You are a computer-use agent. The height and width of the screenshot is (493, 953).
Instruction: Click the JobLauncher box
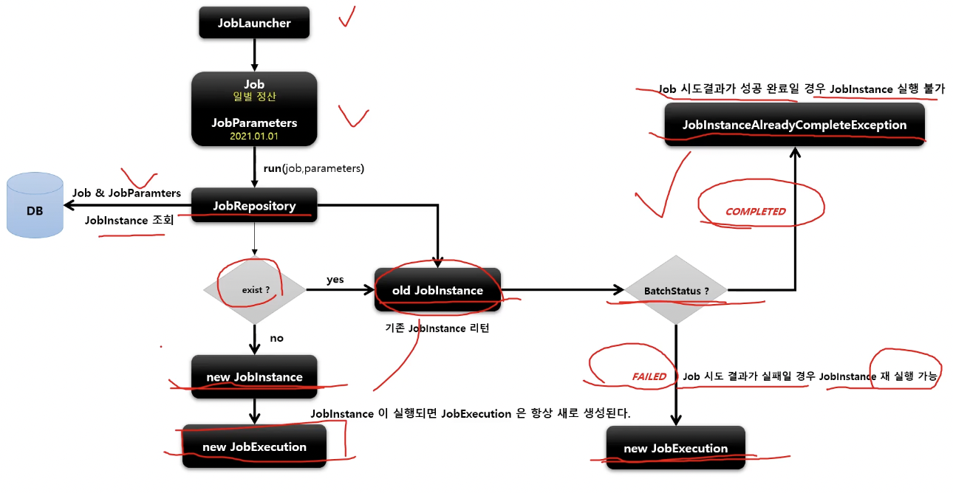[254, 23]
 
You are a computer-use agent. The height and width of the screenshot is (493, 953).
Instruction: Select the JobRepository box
[254, 205]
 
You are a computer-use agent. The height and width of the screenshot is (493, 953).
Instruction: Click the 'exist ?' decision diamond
[255, 290]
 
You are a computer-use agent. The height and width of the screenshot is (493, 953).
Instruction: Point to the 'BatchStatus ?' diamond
[676, 291]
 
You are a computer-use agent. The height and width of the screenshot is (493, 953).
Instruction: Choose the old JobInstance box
[438, 290]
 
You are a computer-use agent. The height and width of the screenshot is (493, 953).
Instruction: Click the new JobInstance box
[254, 376]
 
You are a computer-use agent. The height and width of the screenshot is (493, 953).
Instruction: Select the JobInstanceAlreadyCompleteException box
[794, 125]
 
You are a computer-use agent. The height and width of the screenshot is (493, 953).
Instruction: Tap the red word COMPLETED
[755, 211]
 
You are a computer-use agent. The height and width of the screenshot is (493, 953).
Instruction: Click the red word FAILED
[649, 376]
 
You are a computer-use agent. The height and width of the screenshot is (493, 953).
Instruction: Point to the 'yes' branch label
[335, 280]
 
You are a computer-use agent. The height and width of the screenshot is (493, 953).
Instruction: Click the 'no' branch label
[276, 338]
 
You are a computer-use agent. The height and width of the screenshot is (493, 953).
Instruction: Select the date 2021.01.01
[254, 137]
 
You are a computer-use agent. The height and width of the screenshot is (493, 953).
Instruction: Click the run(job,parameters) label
[314, 168]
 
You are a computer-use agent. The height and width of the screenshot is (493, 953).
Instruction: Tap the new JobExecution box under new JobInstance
[254, 447]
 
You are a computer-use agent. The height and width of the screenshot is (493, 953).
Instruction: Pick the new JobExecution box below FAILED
[675, 448]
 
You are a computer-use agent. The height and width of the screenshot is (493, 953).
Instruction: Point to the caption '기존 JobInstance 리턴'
[438, 328]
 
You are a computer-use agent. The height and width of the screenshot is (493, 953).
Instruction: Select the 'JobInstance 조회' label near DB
[124, 219]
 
